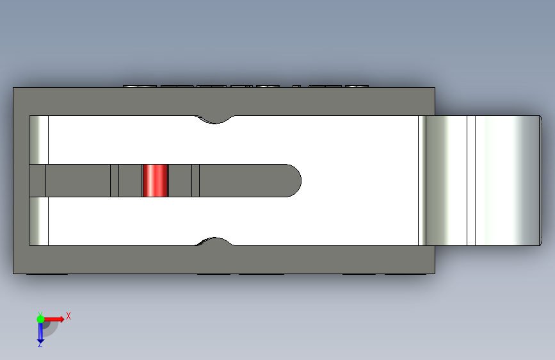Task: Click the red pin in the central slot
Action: point(155,181)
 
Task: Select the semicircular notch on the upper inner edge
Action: point(214,120)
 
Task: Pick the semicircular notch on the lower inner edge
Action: point(214,241)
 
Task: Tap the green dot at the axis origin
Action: point(40,319)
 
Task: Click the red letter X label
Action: point(68,316)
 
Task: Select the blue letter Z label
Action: point(40,344)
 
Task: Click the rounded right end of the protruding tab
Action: point(540,181)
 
